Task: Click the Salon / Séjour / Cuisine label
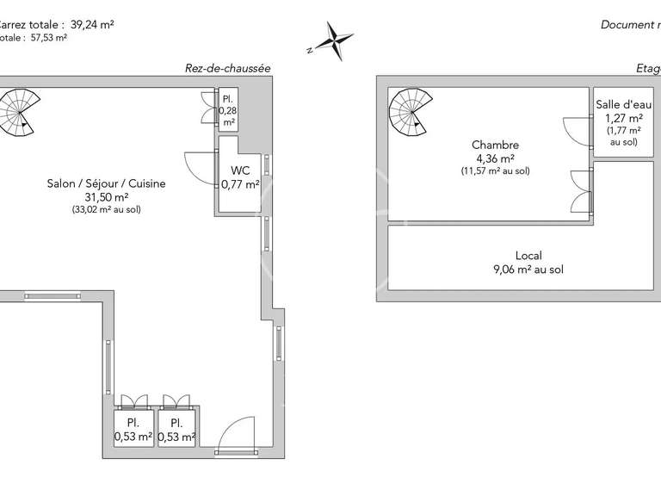click(x=107, y=183)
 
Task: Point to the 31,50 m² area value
click(x=107, y=196)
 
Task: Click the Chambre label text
click(x=495, y=146)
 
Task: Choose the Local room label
click(x=528, y=256)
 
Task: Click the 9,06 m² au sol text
click(x=528, y=270)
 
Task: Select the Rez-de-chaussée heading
click(x=228, y=68)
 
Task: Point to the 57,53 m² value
click(x=46, y=37)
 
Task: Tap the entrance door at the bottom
click(x=236, y=436)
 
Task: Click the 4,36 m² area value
click(x=495, y=158)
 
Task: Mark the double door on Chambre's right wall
click(x=580, y=190)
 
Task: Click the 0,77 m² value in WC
click(x=240, y=183)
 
